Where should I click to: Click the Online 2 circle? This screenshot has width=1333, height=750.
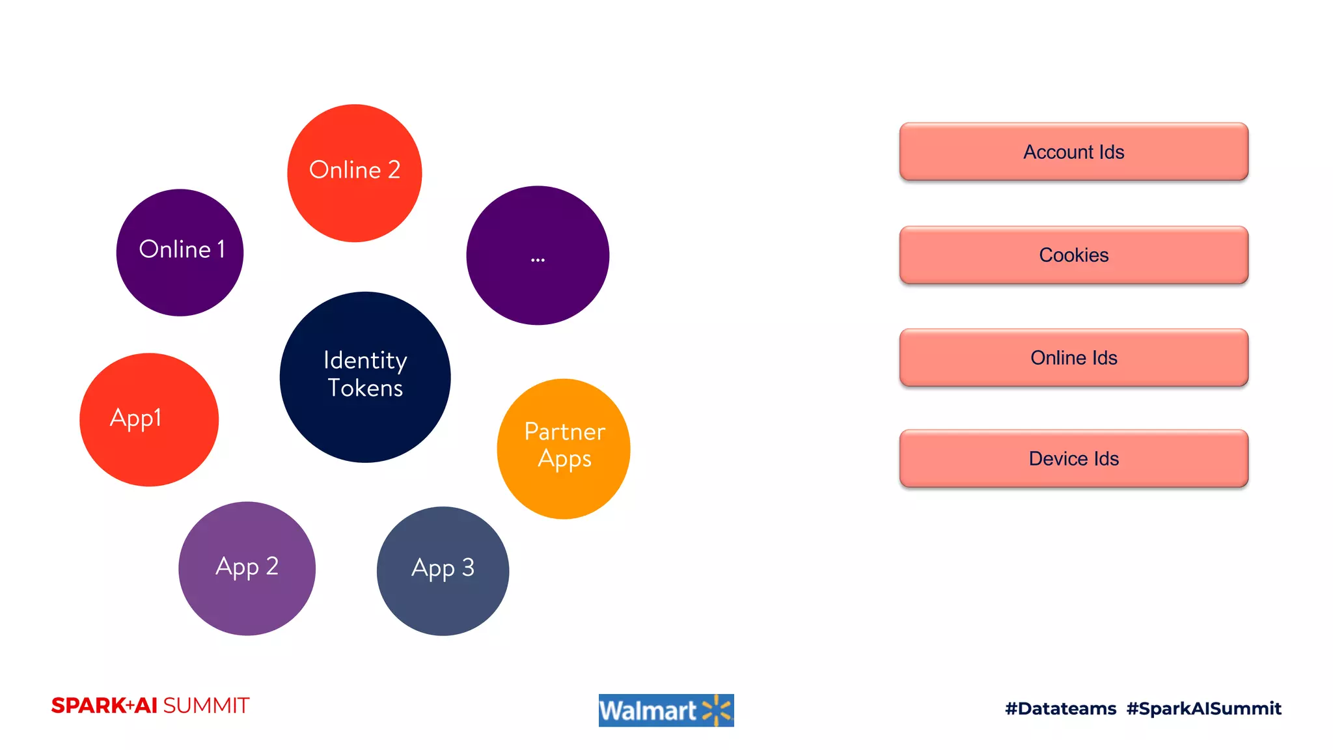[x=355, y=173]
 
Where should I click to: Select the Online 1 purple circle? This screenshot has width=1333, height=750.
[x=180, y=253]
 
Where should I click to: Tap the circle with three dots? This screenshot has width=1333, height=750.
[x=538, y=255]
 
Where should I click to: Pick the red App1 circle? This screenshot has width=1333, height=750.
[x=149, y=420]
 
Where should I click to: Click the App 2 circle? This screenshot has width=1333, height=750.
[x=247, y=568]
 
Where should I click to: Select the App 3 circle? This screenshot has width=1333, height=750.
[x=443, y=571]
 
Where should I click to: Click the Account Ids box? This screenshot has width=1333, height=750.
[x=1073, y=152]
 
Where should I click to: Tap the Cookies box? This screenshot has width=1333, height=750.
[x=1073, y=255]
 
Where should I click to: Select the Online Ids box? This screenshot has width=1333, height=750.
[x=1073, y=357]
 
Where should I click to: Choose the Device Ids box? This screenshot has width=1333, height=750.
[x=1073, y=458]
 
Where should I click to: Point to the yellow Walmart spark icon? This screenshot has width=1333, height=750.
[x=717, y=710]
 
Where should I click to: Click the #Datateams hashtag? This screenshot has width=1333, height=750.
[x=1060, y=708]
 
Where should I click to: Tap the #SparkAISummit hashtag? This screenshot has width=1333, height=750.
[x=1203, y=708]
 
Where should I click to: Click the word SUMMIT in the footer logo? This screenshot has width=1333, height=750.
[x=206, y=706]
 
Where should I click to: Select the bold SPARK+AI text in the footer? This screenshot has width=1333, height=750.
[x=104, y=706]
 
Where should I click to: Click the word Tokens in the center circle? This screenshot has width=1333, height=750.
[x=365, y=388]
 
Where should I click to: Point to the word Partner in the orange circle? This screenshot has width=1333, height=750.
[x=564, y=432]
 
